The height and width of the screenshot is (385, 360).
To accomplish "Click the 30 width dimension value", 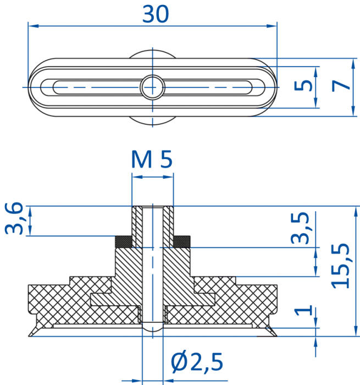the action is (x=156, y=14).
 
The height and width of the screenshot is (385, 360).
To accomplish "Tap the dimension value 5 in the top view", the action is (x=303, y=85).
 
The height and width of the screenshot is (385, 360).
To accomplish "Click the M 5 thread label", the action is (x=152, y=159).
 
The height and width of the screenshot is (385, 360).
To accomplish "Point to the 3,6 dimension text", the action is (x=14, y=218).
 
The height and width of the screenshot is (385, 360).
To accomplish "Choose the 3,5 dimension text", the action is (x=300, y=228).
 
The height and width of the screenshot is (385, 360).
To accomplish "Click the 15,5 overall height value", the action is (x=340, y=266).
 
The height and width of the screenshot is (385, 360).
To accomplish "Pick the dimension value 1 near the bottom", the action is (x=303, y=310).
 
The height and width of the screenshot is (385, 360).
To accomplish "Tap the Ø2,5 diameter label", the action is (x=197, y=362).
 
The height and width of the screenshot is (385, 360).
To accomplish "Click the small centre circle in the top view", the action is (x=152, y=87).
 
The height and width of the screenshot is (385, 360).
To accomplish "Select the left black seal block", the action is (x=124, y=241).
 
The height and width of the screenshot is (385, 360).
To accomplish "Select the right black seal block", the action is (x=182, y=241).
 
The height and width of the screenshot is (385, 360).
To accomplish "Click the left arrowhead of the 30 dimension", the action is (x=34, y=26).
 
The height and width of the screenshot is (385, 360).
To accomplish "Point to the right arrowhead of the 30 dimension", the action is (x=272, y=26).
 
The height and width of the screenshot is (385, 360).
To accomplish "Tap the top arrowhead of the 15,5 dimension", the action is (x=356, y=211).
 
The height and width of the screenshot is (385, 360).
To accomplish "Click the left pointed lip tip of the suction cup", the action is (x=29, y=336).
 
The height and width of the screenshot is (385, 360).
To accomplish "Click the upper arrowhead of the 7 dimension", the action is (x=353, y=64).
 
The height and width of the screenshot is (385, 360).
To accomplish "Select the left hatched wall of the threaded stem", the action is (x=137, y=227).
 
